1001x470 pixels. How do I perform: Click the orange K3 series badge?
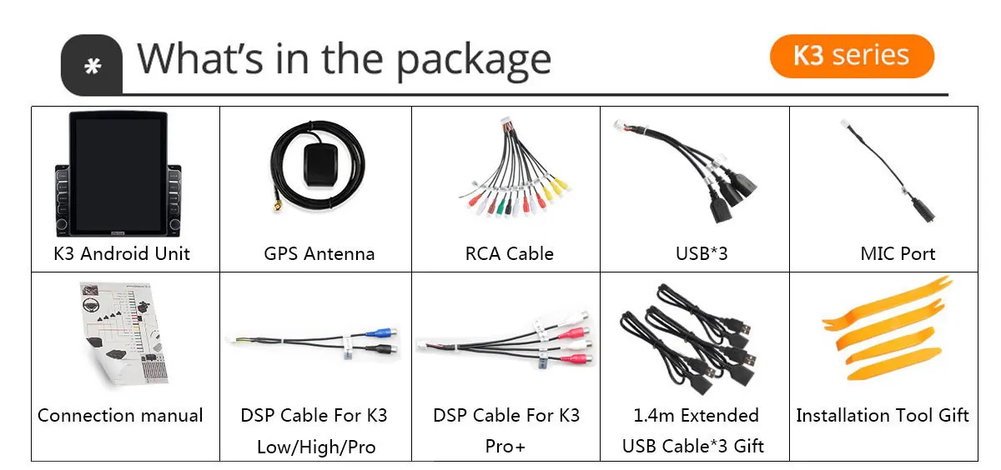[x=851, y=57]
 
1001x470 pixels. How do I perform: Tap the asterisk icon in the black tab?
[x=93, y=66]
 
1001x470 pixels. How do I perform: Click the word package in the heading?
[x=473, y=60]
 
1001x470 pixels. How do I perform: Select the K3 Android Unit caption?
[x=122, y=253]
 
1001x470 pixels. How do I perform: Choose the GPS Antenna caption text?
[x=319, y=253]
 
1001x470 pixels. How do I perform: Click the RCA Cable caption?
[x=509, y=253]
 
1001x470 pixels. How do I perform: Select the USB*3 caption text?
[x=702, y=253]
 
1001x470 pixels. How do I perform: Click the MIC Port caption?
[x=898, y=253]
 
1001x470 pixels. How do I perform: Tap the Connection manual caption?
[x=120, y=415]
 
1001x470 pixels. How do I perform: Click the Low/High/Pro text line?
[x=316, y=447]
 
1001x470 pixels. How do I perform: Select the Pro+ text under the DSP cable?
[x=506, y=447]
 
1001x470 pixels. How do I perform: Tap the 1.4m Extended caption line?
[x=695, y=415]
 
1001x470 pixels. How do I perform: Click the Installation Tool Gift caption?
[x=883, y=415]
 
